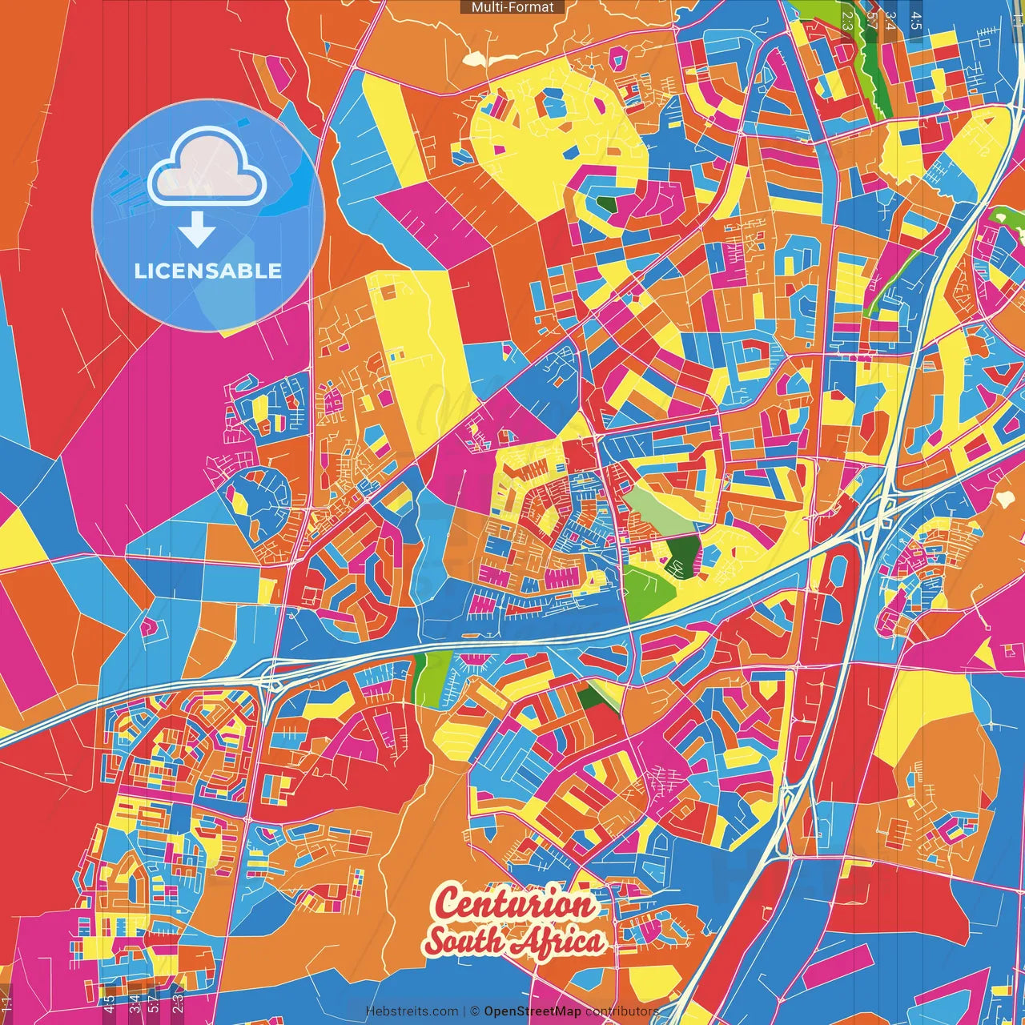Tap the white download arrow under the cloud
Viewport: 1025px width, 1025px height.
tap(197, 231)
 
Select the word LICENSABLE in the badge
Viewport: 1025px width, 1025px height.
tap(208, 271)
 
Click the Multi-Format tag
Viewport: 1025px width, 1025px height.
tap(512, 7)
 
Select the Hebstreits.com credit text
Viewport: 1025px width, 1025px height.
tap(412, 1011)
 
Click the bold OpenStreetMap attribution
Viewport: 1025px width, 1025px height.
tap(532, 1011)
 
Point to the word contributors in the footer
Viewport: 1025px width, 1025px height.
tap(622, 1011)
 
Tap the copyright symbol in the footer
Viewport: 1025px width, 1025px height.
tap(474, 1011)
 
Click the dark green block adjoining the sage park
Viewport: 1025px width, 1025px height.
tap(683, 555)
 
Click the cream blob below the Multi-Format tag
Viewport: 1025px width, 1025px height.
tap(476, 58)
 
